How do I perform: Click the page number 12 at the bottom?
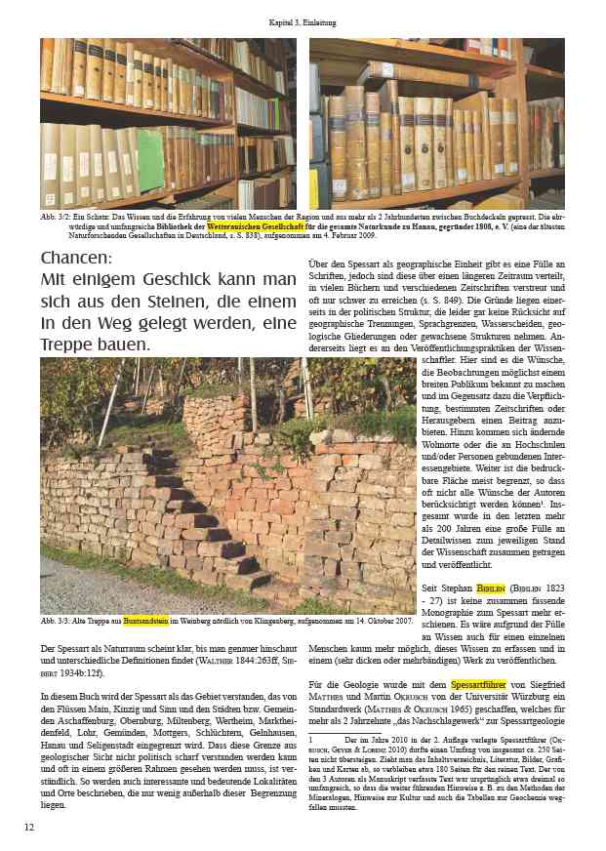pyautogui.click(x=29, y=828)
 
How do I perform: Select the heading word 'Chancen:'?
pyautogui.click(x=77, y=259)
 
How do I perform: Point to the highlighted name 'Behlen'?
pyautogui.click(x=488, y=589)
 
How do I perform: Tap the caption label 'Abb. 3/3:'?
pyautogui.click(x=56, y=620)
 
